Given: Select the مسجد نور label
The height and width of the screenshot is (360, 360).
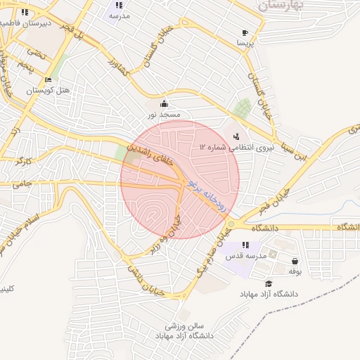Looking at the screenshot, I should pos(164,113).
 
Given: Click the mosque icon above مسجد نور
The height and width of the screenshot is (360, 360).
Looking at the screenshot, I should pos(164,102).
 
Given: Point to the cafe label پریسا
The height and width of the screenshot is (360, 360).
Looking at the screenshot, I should pos(244,43).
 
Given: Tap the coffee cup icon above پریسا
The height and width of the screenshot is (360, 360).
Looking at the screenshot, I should pos(244,32).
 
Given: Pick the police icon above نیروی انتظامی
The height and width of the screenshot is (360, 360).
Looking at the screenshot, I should pos(236,136).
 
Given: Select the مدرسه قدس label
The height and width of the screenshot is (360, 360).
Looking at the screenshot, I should pos(246,256).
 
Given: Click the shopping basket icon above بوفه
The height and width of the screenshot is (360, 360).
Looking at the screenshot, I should pos(294,259).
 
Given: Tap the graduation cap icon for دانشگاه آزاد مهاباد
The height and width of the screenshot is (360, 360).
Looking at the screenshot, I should pos(268,283).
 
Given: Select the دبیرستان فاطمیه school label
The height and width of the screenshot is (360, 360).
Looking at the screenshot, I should pos(26,22).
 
